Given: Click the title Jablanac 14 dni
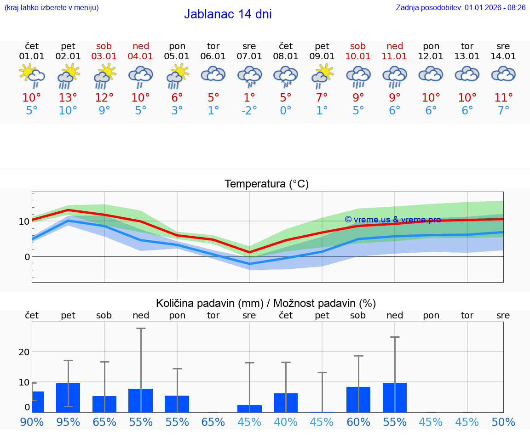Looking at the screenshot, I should (x=228, y=14).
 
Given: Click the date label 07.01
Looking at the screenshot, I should (x=249, y=57).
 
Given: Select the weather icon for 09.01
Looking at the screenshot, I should (x=322, y=75).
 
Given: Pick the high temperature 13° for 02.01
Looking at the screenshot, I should (x=68, y=97).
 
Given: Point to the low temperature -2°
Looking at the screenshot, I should (x=249, y=110).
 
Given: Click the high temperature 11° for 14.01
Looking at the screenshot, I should (x=503, y=97).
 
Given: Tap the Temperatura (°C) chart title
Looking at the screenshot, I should (x=266, y=184).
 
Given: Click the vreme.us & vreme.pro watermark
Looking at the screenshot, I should (x=392, y=220).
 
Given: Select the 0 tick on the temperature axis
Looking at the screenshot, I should (x=27, y=257).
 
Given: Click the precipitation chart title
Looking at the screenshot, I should (x=266, y=303).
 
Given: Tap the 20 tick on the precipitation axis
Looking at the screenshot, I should (x=24, y=352).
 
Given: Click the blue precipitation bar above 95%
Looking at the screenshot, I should (x=68, y=398).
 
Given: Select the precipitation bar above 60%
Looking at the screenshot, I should (x=358, y=399).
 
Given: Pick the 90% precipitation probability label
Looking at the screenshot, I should (x=32, y=422).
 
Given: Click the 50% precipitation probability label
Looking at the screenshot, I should (x=503, y=422).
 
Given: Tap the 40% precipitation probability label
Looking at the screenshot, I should (x=286, y=422).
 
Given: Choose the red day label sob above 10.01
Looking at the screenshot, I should (x=358, y=46).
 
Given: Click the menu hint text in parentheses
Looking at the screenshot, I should (x=52, y=7).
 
